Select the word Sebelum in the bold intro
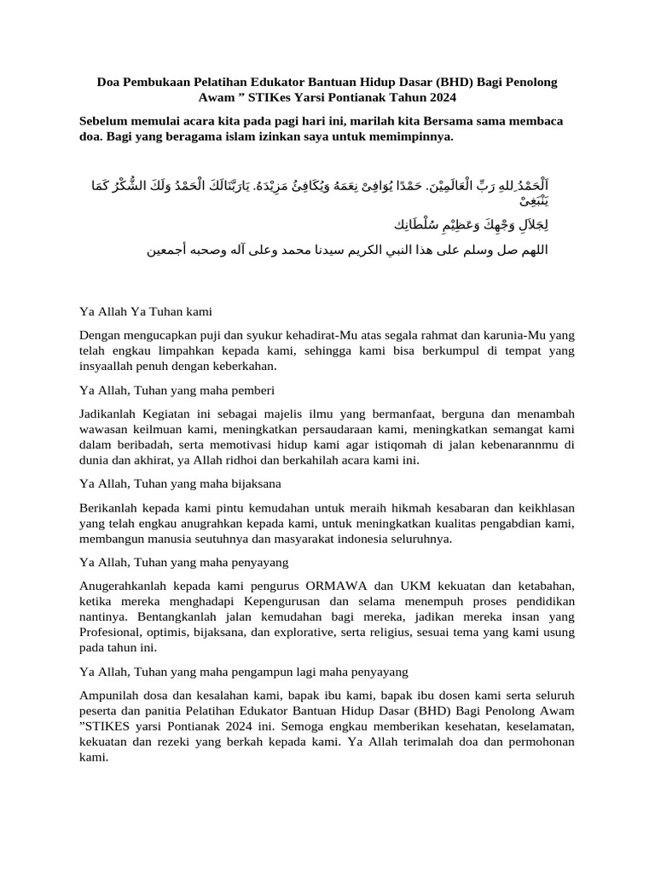[104, 121]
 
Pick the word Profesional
[113, 632]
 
